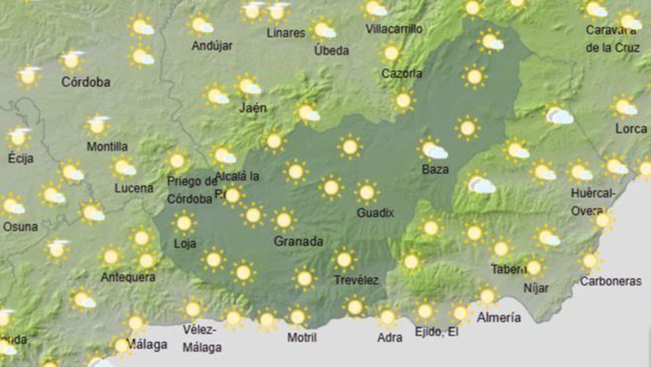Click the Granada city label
(298, 241)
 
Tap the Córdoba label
(85, 82)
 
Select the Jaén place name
(253, 108)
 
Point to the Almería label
(498, 317)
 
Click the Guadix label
(375, 213)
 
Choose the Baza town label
(435, 169)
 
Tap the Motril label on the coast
(301, 337)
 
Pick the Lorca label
(631, 129)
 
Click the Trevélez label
(356, 280)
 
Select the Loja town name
(185, 244)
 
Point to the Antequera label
(128, 277)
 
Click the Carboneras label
(610, 281)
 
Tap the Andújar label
(212, 46)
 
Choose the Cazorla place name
(402, 73)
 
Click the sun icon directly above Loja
(184, 223)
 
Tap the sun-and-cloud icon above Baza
(432, 149)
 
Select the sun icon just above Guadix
(367, 192)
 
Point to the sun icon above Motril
(297, 316)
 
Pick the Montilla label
(107, 146)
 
